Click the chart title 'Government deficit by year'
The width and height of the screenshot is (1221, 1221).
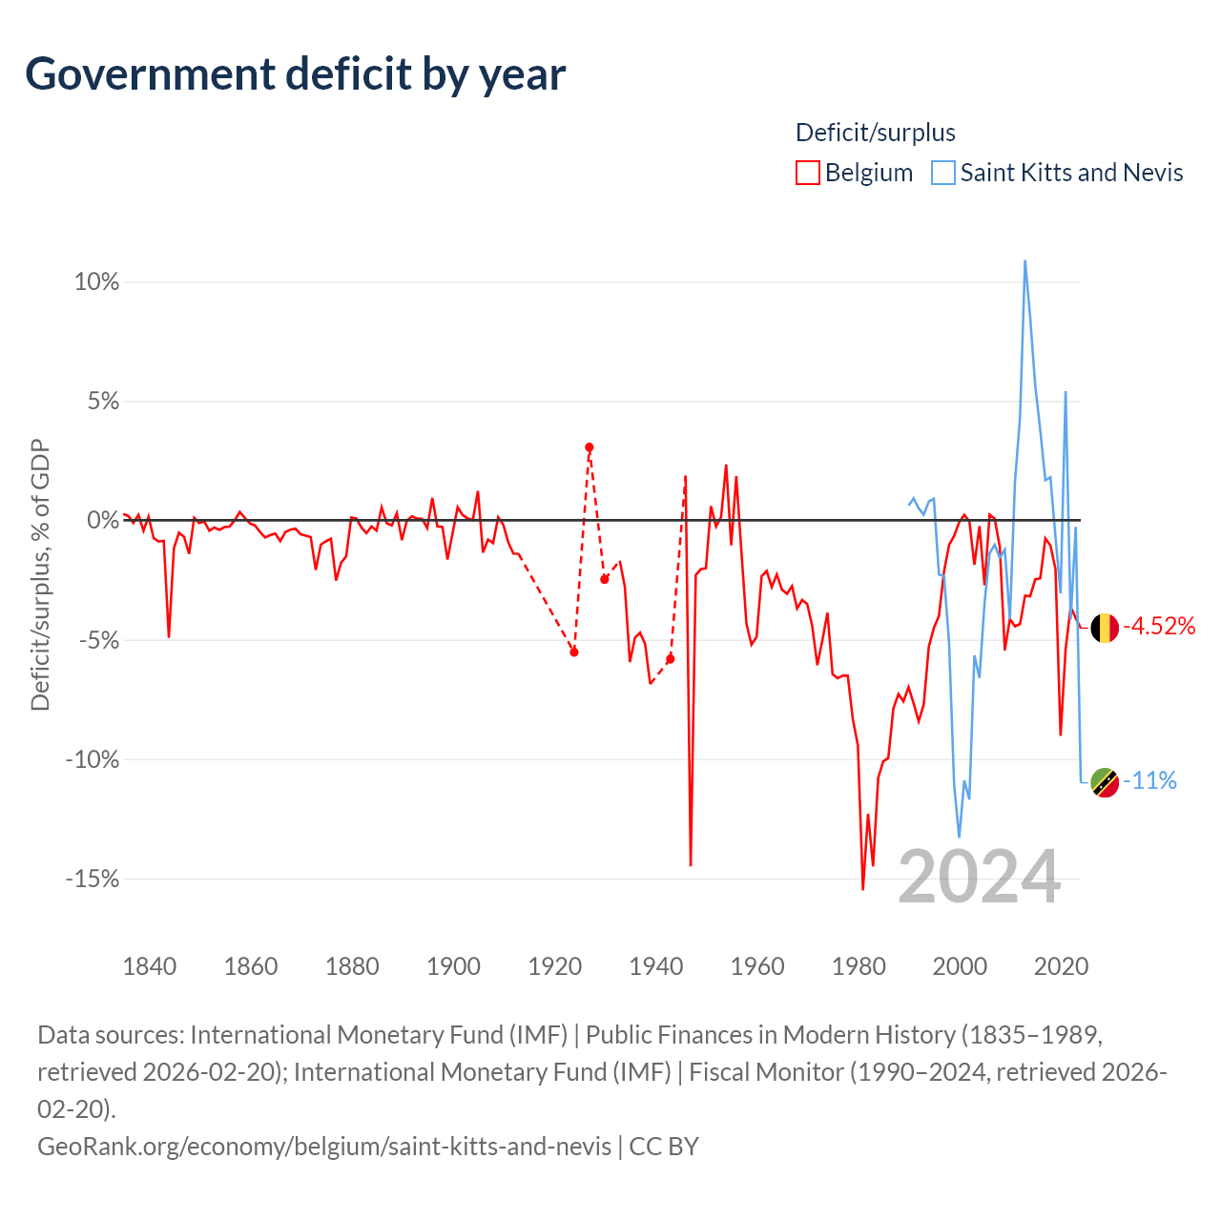[295, 74]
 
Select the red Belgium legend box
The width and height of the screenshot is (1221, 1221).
[807, 173]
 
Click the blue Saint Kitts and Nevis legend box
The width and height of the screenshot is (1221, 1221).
[942, 173]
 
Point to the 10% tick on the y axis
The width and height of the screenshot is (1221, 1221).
[96, 282]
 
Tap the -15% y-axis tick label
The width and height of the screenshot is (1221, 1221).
[93, 879]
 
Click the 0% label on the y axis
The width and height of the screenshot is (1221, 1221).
[103, 520]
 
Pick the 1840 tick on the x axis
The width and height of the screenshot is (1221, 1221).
[150, 967]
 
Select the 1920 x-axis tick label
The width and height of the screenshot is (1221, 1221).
[554, 967]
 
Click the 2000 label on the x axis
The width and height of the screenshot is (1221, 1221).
[960, 967]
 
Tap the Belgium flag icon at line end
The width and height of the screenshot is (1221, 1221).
[1105, 628]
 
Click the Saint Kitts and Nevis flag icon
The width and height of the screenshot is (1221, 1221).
[1105, 782]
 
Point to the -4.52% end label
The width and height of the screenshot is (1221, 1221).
[1159, 626]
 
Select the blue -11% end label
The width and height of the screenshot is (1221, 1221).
[1149, 780]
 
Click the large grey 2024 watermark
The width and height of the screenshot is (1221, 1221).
[979, 878]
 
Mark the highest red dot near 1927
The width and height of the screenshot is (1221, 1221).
[590, 447]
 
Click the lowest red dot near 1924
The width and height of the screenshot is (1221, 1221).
[574, 652]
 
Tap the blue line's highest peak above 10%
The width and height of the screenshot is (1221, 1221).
[1024, 260]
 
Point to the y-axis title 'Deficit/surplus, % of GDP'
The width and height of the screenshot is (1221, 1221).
[41, 574]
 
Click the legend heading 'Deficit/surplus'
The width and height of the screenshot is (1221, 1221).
[875, 133]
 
